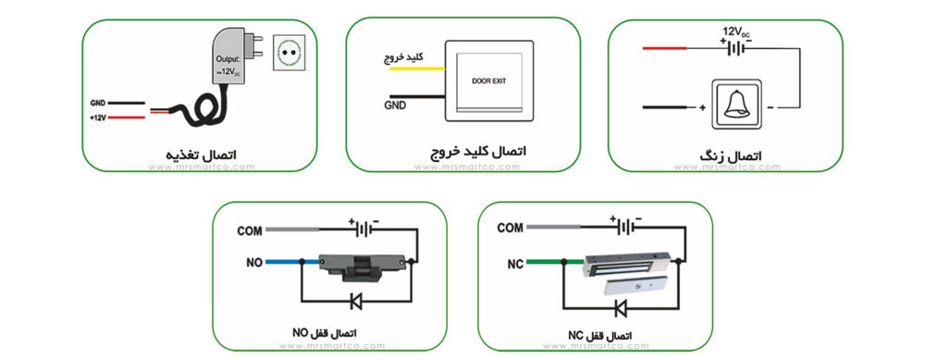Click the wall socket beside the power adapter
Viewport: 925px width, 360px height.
pos(289,53)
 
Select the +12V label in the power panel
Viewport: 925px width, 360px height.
pos(97,118)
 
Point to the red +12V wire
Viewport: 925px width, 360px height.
pos(127,118)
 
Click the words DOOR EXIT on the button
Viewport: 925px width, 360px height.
pos(489,81)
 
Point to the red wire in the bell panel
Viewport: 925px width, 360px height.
pos(664,48)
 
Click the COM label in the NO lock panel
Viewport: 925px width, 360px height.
pos(249,230)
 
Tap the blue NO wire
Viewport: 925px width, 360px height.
pos(292,261)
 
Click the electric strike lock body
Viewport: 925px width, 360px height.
pos(363,265)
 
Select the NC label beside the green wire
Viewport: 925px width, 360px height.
pos(514,265)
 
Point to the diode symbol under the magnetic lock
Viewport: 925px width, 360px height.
pos(620,307)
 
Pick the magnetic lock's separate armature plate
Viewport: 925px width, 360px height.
pos(635,285)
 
